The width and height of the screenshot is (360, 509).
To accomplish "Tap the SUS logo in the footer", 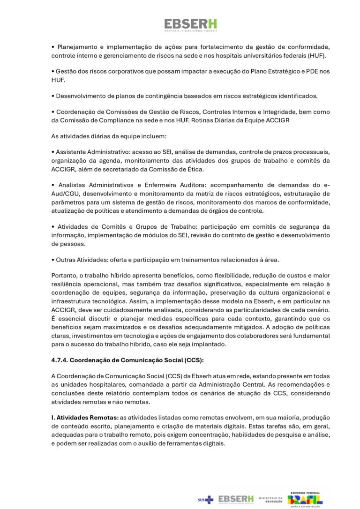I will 205,500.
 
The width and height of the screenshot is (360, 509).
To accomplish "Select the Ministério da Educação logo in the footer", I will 271,500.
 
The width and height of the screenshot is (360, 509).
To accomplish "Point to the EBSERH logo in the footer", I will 236,500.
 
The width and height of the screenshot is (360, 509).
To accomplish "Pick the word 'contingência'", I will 162,96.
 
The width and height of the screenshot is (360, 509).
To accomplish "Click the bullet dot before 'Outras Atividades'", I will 53,260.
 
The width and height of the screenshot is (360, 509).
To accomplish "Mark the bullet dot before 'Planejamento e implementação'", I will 53,47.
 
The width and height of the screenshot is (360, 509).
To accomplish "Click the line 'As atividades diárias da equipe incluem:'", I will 109,136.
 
